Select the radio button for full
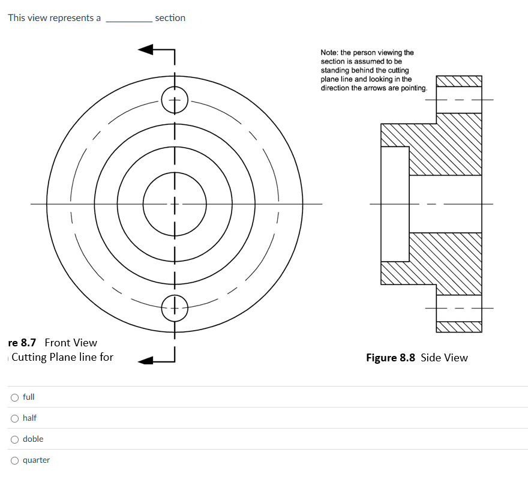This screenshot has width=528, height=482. click(14, 397)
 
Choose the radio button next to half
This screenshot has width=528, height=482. click(14, 418)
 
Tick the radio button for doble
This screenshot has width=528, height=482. click(14, 439)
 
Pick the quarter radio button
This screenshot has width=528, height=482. click(14, 460)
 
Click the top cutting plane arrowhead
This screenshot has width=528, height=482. click(145, 49)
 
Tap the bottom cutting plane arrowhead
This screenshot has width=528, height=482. click(145, 361)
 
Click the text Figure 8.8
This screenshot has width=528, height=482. click(391, 357)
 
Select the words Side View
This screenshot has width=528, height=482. click(444, 357)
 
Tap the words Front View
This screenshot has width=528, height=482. click(71, 343)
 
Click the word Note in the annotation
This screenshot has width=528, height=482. click(329, 53)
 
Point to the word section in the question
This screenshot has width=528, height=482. click(170, 18)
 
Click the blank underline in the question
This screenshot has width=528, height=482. click(129, 22)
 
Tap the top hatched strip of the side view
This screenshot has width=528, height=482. click(459, 81)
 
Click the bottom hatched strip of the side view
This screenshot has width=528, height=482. click(459, 327)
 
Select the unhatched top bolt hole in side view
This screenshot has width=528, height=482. click(459, 100)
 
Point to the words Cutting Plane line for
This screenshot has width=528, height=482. click(62, 357)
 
